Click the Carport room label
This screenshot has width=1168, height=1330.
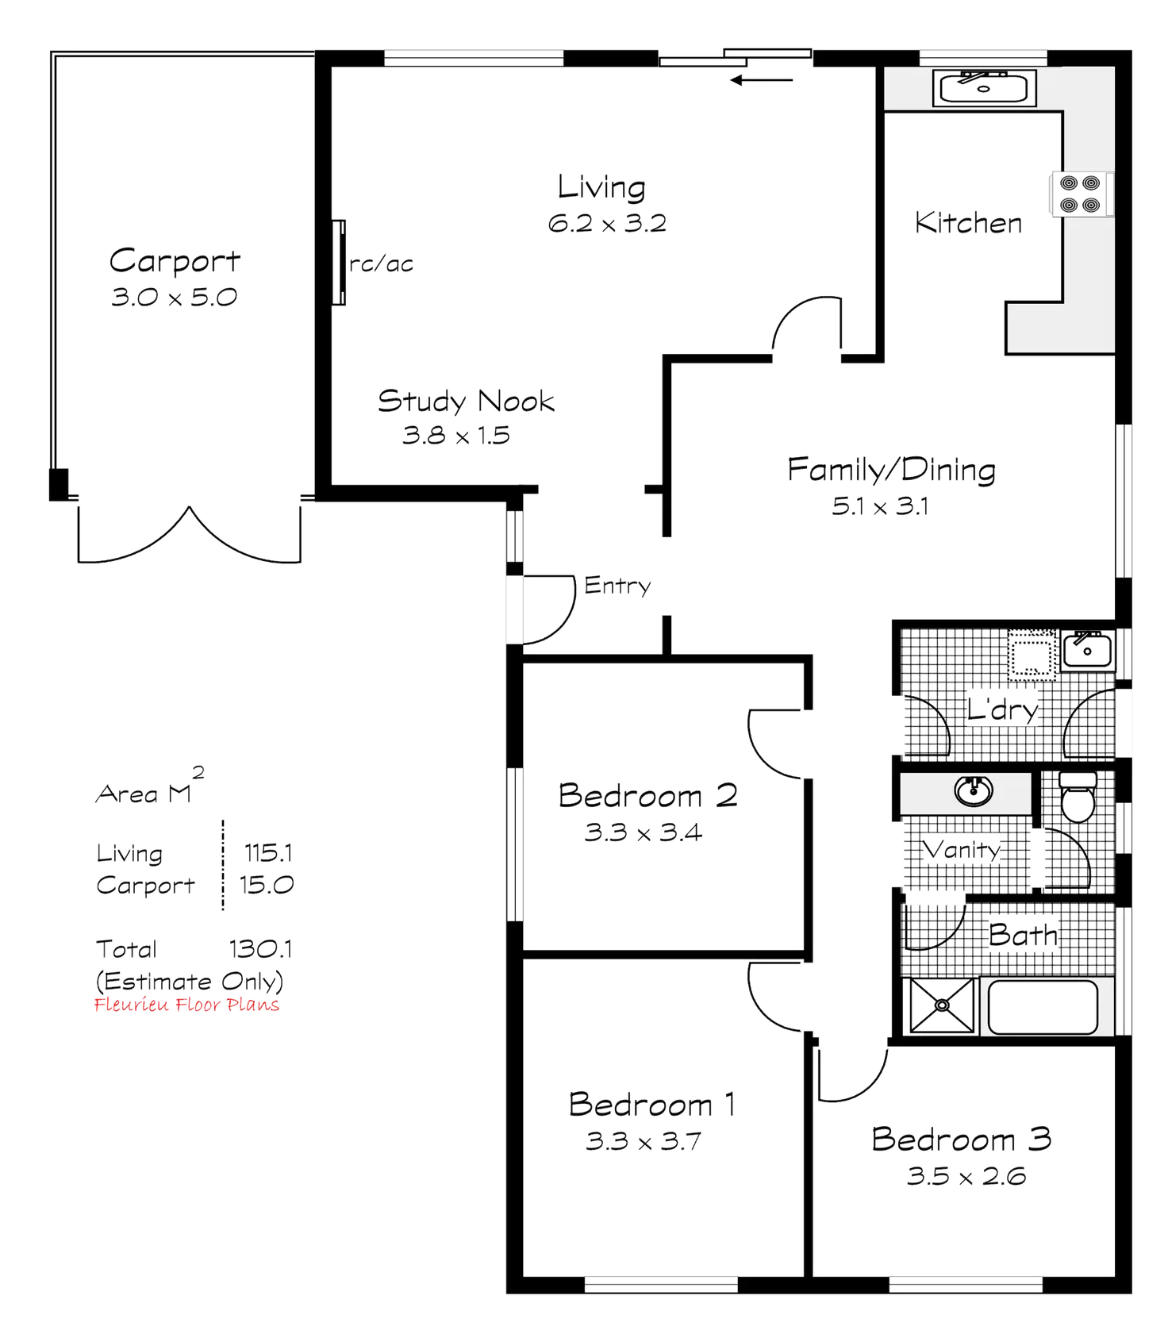point(174,260)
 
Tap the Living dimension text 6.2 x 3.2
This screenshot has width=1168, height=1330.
point(607,223)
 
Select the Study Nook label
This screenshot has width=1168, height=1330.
point(466,401)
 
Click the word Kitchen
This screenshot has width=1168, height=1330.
point(968,222)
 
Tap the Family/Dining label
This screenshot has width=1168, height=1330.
point(891,470)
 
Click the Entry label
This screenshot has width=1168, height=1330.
point(618,586)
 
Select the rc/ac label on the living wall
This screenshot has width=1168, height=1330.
point(382,264)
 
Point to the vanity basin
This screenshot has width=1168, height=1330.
point(969,790)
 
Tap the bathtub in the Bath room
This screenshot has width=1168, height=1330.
point(1041,1007)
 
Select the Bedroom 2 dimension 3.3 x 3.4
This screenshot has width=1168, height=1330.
point(643,832)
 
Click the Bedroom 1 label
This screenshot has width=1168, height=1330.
point(652,1104)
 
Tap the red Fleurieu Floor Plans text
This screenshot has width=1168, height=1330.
point(187,1005)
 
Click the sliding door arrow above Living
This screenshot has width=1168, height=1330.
point(762,79)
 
